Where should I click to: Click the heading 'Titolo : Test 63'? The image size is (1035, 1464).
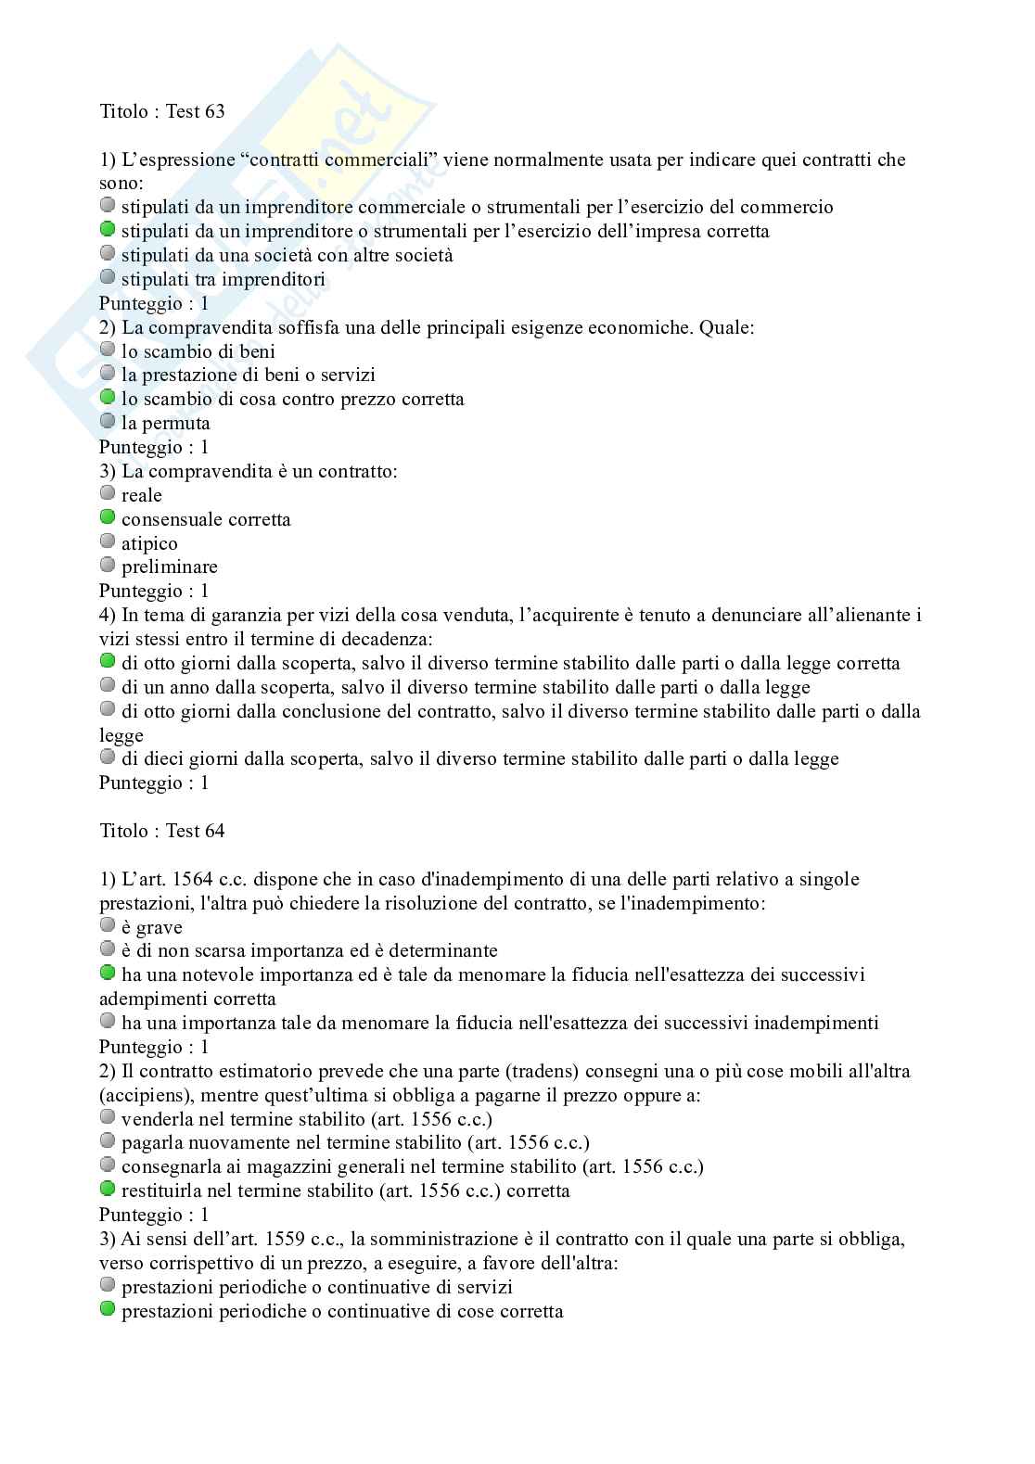click(162, 112)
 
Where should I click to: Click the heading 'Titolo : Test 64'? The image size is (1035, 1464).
click(162, 832)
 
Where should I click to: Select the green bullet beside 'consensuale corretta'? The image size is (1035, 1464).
click(108, 517)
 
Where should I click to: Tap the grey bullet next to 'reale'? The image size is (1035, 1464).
click(108, 493)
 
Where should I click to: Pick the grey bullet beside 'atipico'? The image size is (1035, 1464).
click(108, 541)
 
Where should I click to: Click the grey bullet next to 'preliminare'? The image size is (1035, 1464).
click(108, 565)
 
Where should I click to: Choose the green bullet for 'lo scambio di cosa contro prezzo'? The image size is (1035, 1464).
click(108, 397)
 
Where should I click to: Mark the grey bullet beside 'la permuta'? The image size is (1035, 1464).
click(108, 421)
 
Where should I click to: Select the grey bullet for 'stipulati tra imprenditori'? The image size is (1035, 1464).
click(108, 277)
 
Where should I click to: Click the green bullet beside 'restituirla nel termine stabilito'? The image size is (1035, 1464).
click(108, 1189)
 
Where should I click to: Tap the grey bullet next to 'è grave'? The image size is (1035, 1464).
click(108, 925)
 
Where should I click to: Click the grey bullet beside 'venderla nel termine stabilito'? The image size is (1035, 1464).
click(108, 1117)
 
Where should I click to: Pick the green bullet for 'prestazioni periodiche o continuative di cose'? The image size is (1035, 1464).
click(108, 1309)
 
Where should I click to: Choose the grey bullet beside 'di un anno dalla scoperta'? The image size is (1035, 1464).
click(108, 685)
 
